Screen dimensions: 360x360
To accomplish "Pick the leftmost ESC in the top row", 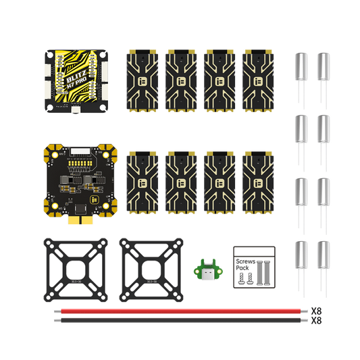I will pos(143,80).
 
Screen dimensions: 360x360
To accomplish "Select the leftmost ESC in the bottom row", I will pos(143,180).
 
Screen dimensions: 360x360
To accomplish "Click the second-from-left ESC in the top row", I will pos(181,80).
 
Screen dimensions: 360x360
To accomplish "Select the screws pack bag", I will pos(253,266).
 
